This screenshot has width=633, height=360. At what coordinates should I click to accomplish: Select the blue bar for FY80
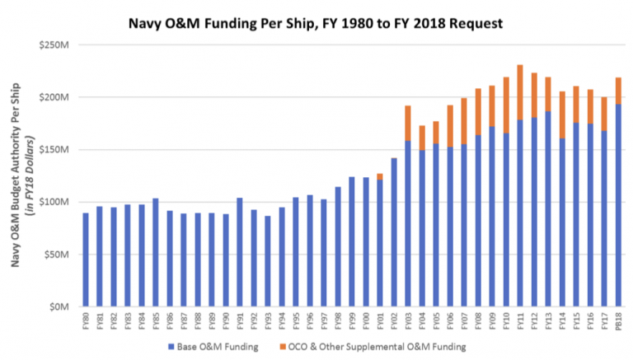86,259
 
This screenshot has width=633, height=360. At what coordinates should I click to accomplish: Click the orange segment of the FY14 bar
562,115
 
